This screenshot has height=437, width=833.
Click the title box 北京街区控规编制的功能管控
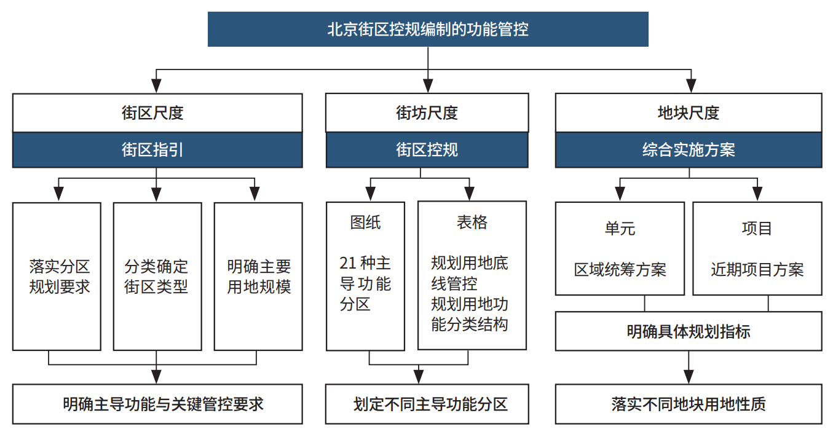pos(428,29)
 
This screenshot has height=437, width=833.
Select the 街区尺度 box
pos(157,112)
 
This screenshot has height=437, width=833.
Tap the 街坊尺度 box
pos(427,112)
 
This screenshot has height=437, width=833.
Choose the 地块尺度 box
pos(689,112)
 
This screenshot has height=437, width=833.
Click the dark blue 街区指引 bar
pos(157,150)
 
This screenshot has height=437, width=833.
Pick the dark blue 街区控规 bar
pos(427,150)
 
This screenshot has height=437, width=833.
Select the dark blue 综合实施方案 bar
pos(689,150)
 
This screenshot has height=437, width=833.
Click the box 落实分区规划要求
pos(57,277)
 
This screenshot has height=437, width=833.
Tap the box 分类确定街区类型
pos(157,277)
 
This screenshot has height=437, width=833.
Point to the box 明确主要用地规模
pos(258,277)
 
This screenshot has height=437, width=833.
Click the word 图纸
pos(365,222)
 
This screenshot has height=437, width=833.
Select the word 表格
pos(472,222)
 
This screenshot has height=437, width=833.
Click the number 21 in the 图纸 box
pos(348,263)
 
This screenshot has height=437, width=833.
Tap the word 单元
pos(620,229)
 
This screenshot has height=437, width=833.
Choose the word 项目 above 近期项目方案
pos(757,229)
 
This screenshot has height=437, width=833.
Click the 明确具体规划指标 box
pos(689,331)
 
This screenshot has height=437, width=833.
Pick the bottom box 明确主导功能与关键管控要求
pos(157,404)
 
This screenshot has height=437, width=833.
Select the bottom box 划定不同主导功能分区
pos(427,404)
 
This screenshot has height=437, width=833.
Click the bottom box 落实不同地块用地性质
pos(689,404)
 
